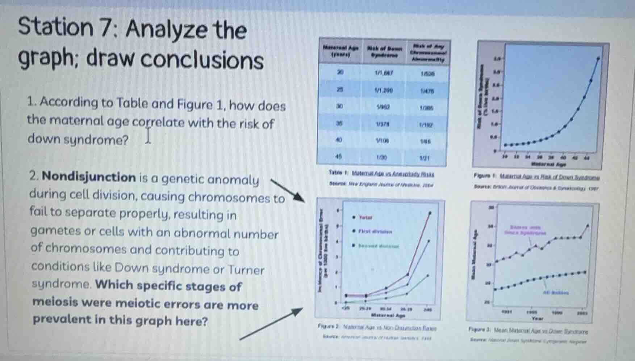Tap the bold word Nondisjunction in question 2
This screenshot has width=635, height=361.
[89, 177]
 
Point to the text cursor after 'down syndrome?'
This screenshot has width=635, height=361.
[148, 136]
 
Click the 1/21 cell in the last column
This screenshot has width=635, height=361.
[425, 158]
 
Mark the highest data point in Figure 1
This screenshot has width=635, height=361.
[598, 58]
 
